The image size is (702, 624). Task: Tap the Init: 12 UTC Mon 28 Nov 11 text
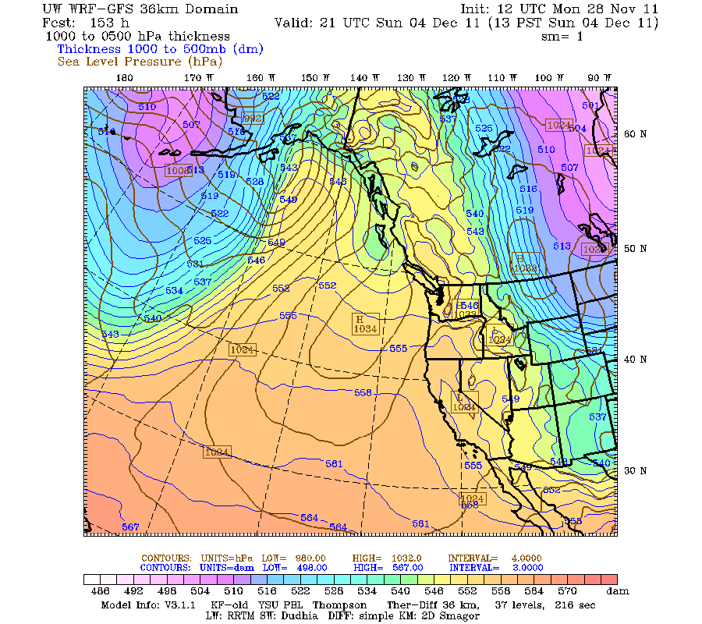coord(559,9)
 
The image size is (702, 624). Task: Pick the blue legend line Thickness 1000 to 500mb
coord(160,48)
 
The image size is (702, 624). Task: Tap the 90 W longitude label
coord(599,77)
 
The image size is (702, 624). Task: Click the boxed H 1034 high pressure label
coord(364,324)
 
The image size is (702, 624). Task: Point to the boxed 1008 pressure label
coord(177,170)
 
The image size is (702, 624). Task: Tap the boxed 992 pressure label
coord(253,119)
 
